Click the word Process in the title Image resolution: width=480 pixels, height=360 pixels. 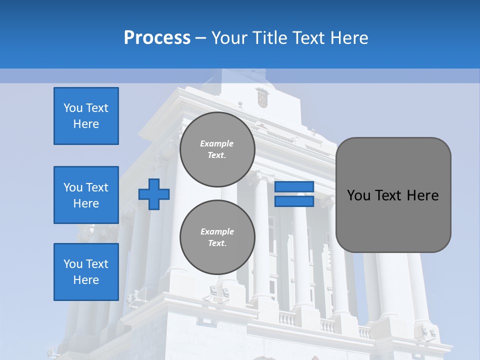point(157,38)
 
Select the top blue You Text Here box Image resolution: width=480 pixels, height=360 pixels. point(86,116)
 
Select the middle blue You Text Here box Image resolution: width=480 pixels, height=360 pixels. point(86,195)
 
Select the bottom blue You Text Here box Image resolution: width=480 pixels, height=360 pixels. point(86,272)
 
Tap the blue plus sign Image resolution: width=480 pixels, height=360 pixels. point(154,194)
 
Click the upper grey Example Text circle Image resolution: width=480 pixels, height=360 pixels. point(217,149)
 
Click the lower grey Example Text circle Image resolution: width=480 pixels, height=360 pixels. point(217,237)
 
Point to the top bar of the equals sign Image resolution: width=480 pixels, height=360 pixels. point(294,187)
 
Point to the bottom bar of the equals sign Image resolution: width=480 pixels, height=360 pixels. point(294,201)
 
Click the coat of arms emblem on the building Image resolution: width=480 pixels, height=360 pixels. point(262,97)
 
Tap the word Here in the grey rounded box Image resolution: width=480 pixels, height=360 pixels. point(422,195)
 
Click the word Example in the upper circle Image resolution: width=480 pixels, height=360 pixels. point(217,144)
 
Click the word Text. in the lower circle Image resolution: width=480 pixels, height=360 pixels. point(217,243)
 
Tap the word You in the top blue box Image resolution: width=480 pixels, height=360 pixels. point(73,108)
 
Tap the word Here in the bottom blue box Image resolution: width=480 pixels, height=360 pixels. point(86,280)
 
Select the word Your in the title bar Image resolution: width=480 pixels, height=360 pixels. point(230,38)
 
